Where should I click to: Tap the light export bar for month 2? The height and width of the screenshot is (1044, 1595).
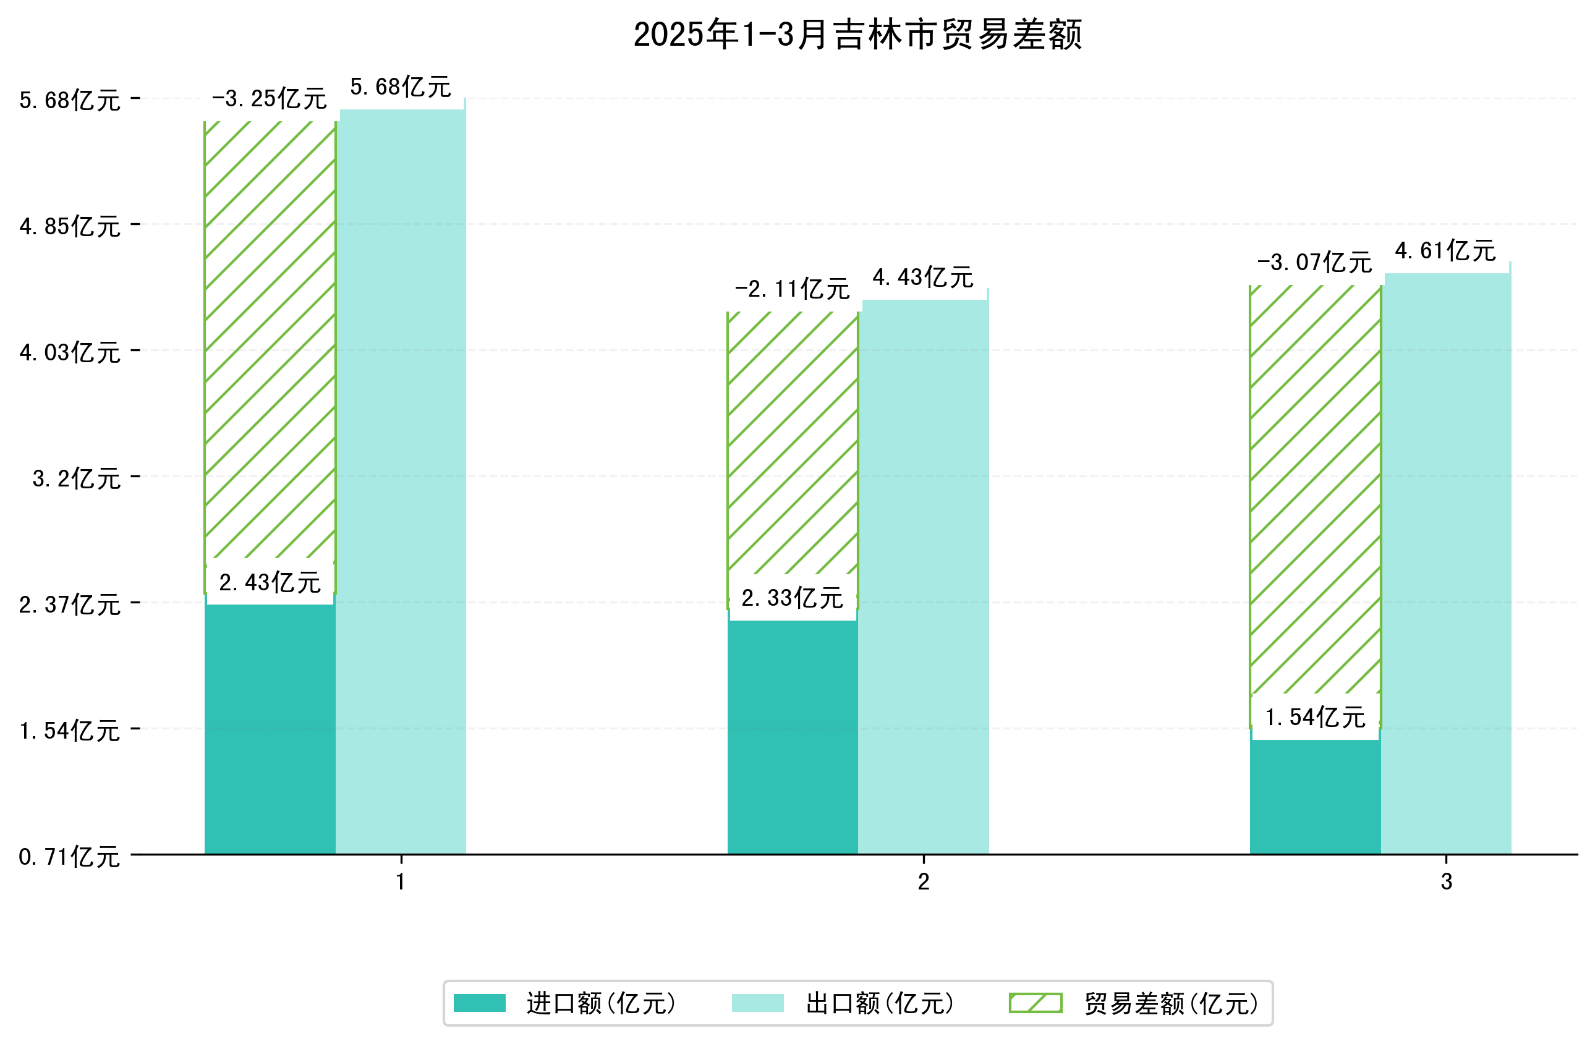(x=923, y=576)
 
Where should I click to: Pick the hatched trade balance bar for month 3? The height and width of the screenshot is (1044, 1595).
(x=1314, y=489)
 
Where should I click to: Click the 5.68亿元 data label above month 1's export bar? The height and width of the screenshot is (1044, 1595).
(x=401, y=87)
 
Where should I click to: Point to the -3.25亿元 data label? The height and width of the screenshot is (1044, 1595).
(x=270, y=99)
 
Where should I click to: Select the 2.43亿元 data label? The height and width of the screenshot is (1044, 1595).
(x=270, y=582)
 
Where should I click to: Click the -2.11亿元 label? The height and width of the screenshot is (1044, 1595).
(x=792, y=289)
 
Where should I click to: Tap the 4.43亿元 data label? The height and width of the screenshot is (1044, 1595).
(x=923, y=278)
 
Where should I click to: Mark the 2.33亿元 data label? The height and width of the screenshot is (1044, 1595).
(x=792, y=598)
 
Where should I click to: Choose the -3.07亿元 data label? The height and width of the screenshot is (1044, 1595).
(x=1314, y=263)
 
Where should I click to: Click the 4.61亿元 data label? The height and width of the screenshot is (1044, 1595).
(x=1445, y=250)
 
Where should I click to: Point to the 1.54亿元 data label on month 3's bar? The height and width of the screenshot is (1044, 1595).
(x=1314, y=717)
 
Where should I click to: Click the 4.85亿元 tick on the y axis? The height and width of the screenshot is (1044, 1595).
(x=70, y=226)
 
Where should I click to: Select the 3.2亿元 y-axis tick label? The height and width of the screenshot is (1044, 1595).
(x=77, y=478)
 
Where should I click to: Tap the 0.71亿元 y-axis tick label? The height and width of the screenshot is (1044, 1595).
(x=70, y=857)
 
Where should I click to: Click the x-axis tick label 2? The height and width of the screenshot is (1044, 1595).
(x=923, y=882)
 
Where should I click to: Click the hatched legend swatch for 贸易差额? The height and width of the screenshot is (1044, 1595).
(x=1035, y=1003)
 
